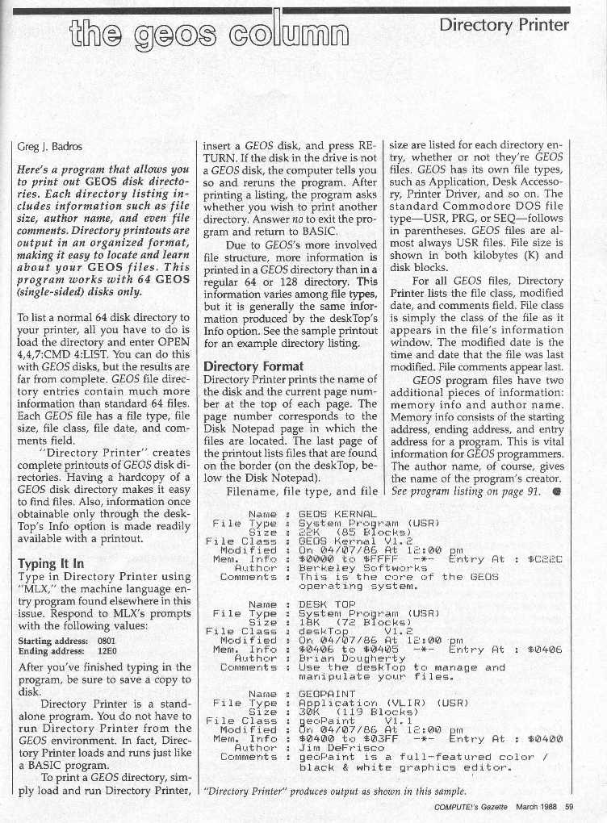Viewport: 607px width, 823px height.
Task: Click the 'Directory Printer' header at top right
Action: [504, 25]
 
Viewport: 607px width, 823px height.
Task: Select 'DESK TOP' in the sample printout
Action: [327, 603]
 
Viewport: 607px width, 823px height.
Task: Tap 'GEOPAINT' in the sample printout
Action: [327, 693]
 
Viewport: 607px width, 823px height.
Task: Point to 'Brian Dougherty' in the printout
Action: [352, 658]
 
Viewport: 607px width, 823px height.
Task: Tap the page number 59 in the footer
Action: [568, 807]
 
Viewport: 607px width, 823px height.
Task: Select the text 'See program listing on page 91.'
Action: [467, 493]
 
